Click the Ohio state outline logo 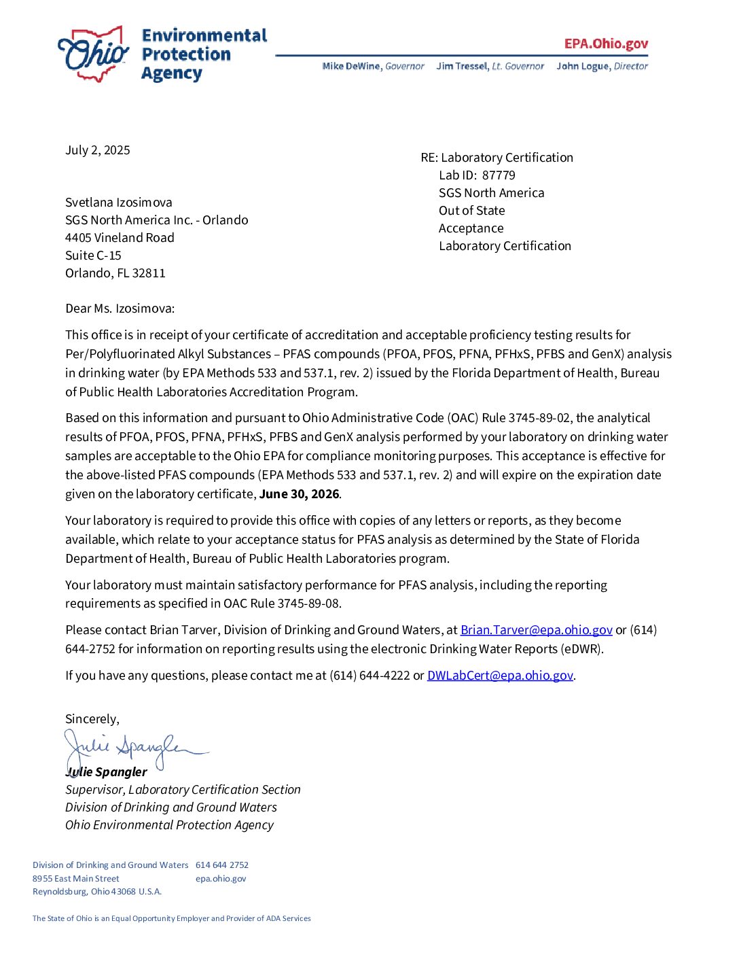coord(94,54)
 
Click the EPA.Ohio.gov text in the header coord(606,44)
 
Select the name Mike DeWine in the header coord(352,66)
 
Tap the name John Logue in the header coord(583,66)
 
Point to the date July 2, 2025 coord(98,150)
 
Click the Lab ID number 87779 coord(499,175)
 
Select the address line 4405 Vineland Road coord(120,238)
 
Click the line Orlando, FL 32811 coord(115,273)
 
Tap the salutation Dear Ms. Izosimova coord(120,309)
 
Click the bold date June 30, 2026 coord(299,494)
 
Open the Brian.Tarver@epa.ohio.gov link coord(536,630)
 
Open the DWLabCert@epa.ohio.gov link coord(500,676)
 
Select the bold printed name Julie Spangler coord(107,772)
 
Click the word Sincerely coord(92,719)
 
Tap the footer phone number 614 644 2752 coord(222,865)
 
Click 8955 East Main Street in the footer coord(76,879)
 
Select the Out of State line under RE coord(471,211)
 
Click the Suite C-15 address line coord(93,256)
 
